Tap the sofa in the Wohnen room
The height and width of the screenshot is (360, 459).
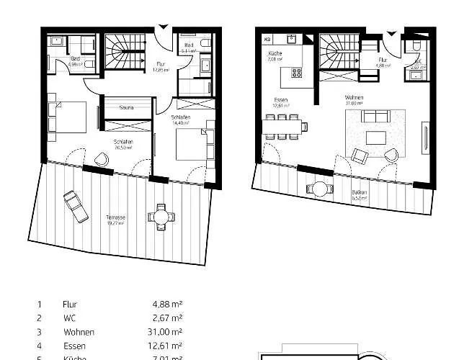point(374,116)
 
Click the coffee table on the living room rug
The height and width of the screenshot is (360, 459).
point(375,138)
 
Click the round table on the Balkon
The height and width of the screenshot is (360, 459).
point(318,189)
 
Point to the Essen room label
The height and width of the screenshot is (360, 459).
point(281,100)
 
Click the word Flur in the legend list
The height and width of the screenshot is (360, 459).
point(70,305)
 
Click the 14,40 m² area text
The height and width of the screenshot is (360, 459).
point(180,122)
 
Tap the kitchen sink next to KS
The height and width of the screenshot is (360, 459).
point(293,39)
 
